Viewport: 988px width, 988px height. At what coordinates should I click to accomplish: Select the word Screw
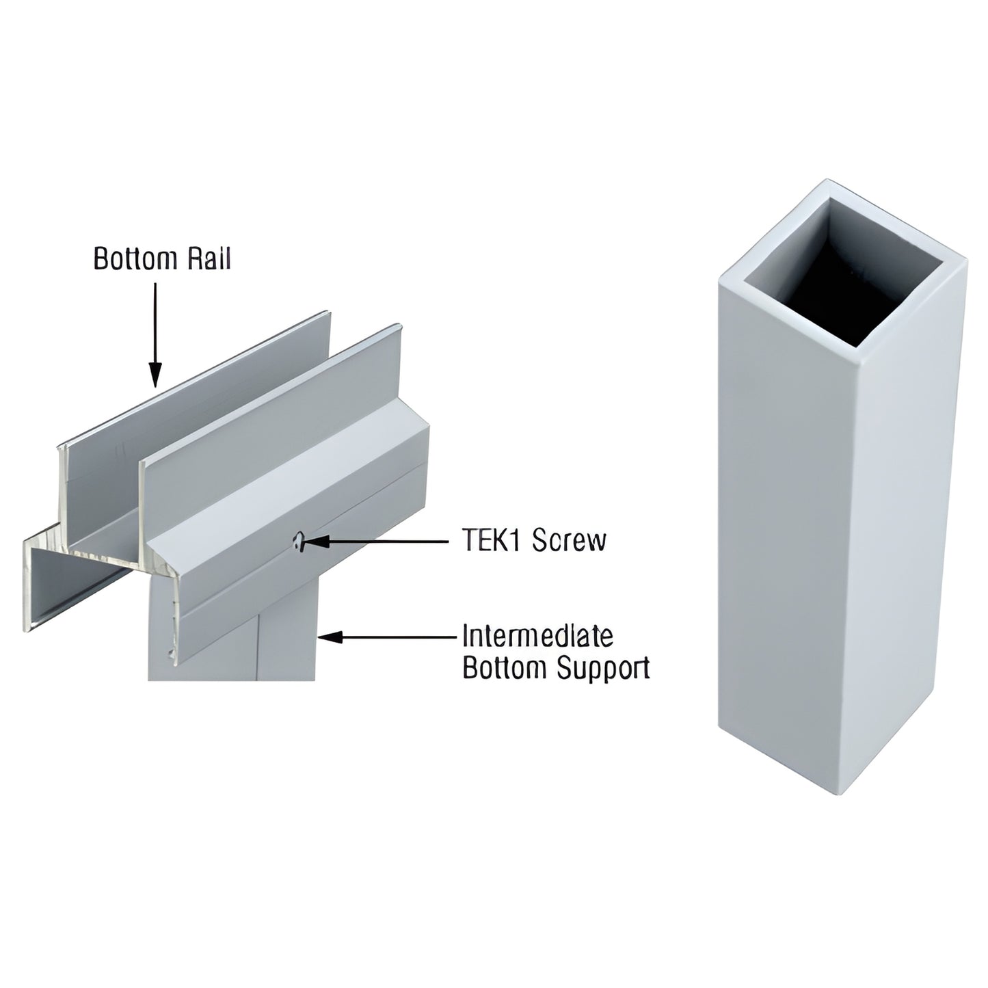pyautogui.click(x=569, y=541)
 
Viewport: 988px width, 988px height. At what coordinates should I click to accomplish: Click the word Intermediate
pyautogui.click(x=537, y=636)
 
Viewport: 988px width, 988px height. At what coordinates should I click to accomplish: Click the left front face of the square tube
pyautogui.click(x=779, y=533)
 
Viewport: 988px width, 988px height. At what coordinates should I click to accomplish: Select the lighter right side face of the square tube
pyautogui.click(x=903, y=520)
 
